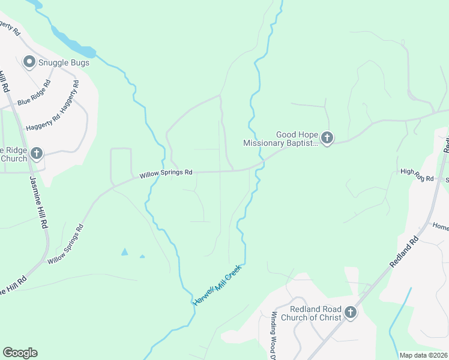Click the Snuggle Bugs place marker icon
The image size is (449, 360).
click(x=28, y=62)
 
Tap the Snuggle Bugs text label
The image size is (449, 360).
click(x=63, y=62)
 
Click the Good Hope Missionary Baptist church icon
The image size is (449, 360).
click(x=327, y=139)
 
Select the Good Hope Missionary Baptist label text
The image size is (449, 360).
click(x=280, y=139)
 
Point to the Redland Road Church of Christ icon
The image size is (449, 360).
click(x=350, y=312)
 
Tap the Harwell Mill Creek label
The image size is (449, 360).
click(x=217, y=284)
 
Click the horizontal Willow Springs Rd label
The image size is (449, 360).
click(x=166, y=173)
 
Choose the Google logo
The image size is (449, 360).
click(x=20, y=353)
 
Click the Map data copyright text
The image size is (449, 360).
click(x=424, y=355)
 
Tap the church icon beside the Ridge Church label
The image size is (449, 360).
click(x=37, y=153)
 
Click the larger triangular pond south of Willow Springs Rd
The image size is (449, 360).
click(x=124, y=251)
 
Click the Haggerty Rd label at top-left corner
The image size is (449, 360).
click(x=11, y=26)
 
